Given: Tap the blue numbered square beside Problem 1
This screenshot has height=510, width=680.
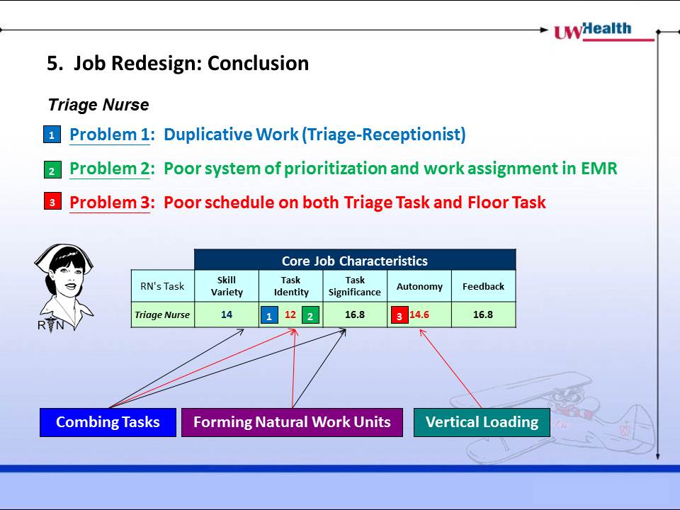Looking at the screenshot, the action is (x=52, y=135).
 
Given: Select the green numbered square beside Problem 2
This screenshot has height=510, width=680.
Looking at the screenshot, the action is (x=52, y=169).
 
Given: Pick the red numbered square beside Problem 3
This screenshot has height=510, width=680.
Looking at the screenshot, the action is (x=52, y=201).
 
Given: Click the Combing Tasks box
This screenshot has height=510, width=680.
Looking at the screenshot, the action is (x=108, y=422).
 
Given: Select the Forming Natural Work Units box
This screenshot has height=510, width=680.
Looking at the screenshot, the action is (x=292, y=422).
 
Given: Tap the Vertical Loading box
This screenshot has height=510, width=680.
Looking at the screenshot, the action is (x=482, y=422).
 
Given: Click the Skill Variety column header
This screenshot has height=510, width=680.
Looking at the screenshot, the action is (x=227, y=286).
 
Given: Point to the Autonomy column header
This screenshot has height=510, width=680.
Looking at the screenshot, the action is (x=419, y=286).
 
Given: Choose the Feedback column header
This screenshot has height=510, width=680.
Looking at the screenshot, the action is (x=484, y=286).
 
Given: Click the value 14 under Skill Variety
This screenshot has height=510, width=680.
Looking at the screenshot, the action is (x=227, y=314).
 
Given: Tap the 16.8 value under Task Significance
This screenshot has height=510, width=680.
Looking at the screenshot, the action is (x=355, y=314).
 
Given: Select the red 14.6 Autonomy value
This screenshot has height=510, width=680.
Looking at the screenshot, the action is (x=419, y=314).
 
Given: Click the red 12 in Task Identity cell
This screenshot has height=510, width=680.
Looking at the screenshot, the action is (x=290, y=314).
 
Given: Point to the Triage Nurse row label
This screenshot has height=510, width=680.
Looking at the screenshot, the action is (x=162, y=314).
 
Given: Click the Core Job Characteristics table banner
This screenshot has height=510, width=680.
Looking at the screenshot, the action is (x=355, y=260).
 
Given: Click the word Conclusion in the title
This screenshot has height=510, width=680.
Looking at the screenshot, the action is (x=258, y=63).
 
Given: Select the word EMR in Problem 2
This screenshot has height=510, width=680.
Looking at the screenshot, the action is (x=599, y=169).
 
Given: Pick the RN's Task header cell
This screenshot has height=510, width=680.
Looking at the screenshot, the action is (x=163, y=286).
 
